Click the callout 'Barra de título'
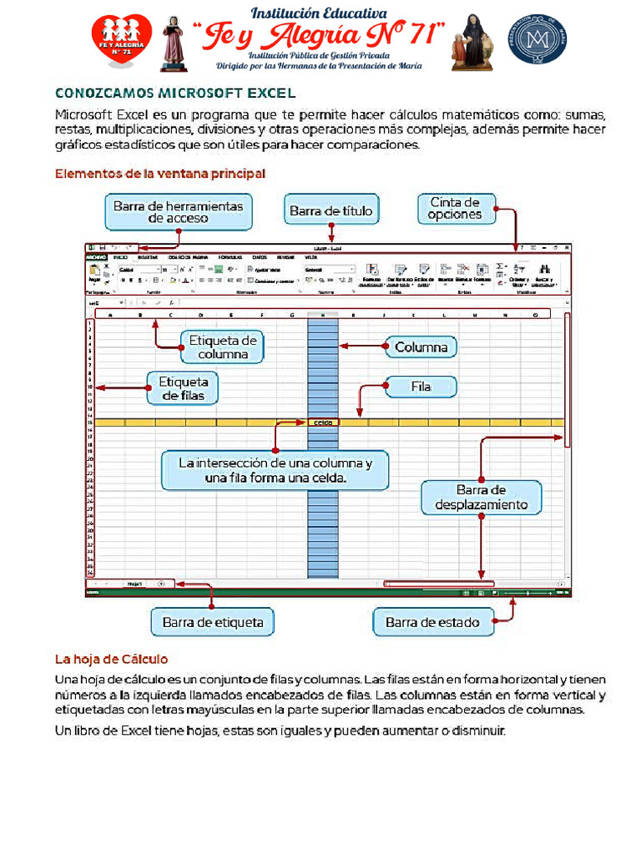pos(331,211)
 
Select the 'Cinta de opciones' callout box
pos(455,208)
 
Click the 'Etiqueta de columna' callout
pos(222,347)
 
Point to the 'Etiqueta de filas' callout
pos(183,387)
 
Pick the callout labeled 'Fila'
pos(421,387)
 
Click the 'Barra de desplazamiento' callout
pos(481,497)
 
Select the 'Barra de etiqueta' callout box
pos(213,622)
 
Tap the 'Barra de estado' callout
pos(432,622)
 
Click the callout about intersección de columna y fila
pos(275,471)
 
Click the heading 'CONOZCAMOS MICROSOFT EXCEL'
pos(174,94)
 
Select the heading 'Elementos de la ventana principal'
pos(159,174)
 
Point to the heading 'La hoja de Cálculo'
pos(111,659)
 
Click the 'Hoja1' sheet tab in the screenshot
pos(134,583)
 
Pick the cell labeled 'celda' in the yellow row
pos(322,422)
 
